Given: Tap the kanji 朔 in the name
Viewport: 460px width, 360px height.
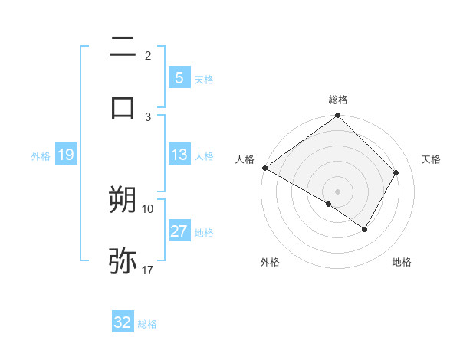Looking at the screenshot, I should (x=123, y=200).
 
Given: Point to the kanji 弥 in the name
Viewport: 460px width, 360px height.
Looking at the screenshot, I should (x=123, y=260).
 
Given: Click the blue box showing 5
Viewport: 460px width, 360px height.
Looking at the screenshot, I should (x=179, y=77).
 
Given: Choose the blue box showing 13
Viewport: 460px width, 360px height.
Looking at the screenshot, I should (x=179, y=155).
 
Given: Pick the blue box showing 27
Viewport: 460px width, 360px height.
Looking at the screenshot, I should (x=179, y=232).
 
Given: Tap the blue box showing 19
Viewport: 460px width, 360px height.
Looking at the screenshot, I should (x=65, y=155).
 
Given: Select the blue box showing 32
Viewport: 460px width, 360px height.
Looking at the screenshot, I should (x=123, y=322).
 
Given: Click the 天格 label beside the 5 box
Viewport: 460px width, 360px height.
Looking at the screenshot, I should (x=204, y=79).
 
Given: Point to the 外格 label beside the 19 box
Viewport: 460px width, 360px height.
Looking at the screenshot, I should (x=41, y=156).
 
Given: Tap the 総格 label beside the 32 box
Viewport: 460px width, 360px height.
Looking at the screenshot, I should (x=147, y=324).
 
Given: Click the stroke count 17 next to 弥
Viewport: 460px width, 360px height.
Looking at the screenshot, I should (x=148, y=270).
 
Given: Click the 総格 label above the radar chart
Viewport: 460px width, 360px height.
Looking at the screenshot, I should (x=338, y=100).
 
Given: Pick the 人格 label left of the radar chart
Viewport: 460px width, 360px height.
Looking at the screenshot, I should (x=245, y=159).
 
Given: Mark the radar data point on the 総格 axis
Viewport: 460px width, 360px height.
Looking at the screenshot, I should (x=337, y=116).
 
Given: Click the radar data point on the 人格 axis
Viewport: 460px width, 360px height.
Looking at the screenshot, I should (x=264, y=168).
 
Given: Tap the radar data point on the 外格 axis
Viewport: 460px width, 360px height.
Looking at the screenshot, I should (x=329, y=204).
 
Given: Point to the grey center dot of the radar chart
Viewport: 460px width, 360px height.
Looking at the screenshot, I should (x=337, y=191).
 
